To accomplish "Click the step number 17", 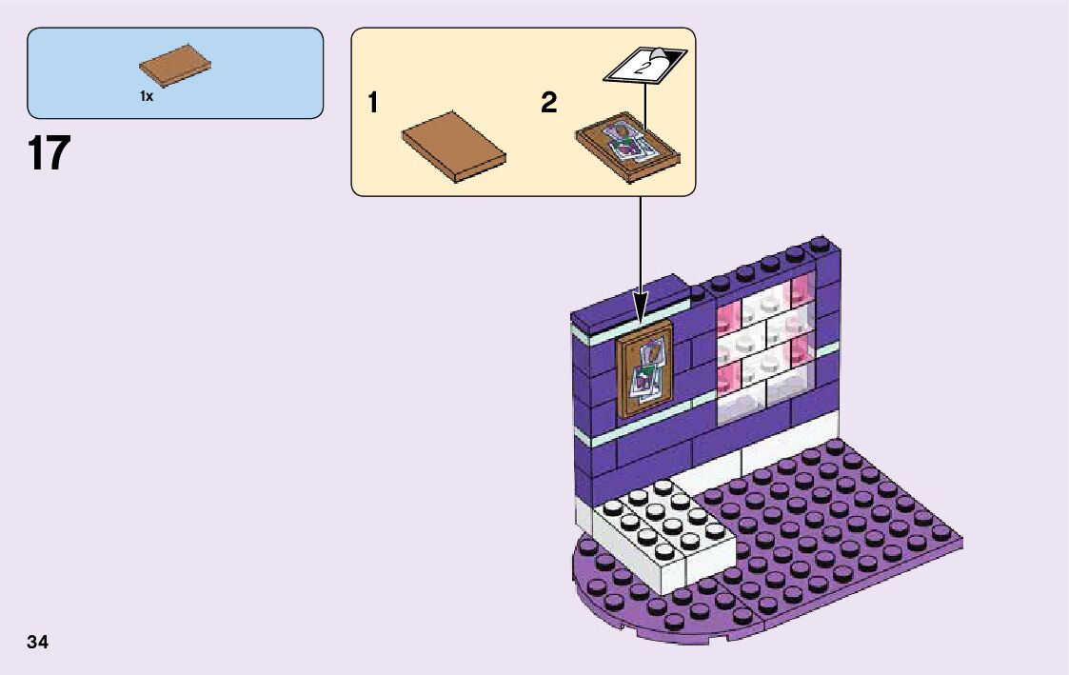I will pyautogui.click(x=49, y=154).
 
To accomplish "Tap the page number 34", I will pyautogui.click(x=38, y=642).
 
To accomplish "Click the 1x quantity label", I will pyautogui.click(x=147, y=97).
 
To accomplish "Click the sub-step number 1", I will pyautogui.click(x=374, y=104).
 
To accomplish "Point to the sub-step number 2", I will pyautogui.click(x=548, y=104).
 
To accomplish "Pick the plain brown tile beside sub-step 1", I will pyautogui.click(x=453, y=146).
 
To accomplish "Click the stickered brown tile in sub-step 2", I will pyautogui.click(x=629, y=147).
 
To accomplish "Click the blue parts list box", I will pyautogui.click(x=175, y=72).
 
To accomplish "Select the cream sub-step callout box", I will pyautogui.click(x=524, y=111).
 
